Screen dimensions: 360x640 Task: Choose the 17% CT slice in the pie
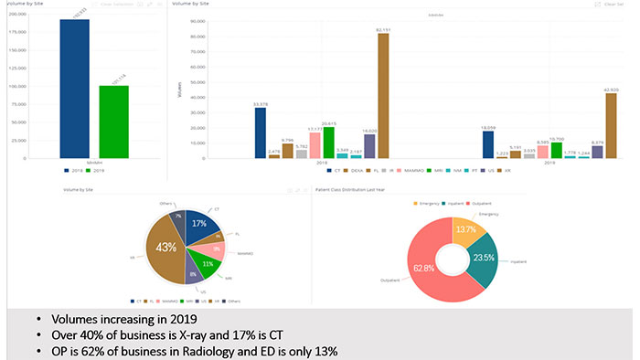[198, 223]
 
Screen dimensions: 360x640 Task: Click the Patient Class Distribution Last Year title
[353, 189]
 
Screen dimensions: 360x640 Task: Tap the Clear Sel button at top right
[615, 5]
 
